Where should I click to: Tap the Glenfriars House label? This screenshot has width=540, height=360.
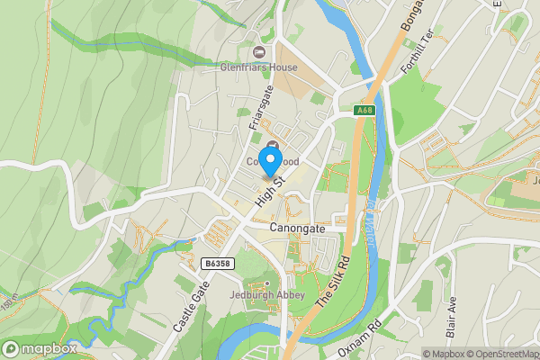tap(260, 67)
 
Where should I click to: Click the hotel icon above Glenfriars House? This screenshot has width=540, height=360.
tap(260, 50)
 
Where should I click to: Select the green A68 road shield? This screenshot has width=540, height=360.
tap(364, 111)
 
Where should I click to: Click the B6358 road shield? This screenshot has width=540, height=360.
tap(214, 264)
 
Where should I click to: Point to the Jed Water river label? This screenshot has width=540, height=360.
tap(370, 216)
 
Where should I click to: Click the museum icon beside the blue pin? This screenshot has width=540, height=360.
tap(273, 146)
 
